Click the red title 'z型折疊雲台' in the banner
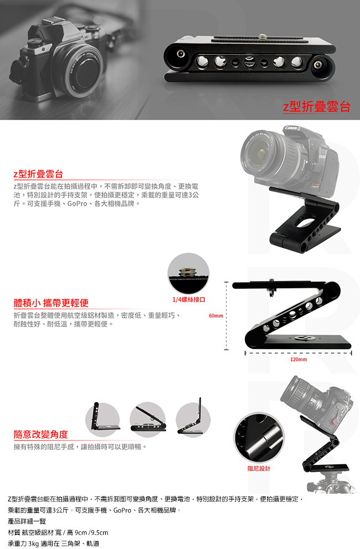pyautogui.click(x=317, y=106)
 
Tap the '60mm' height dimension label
pyautogui.click(x=216, y=316)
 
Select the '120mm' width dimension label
pyautogui.click(x=299, y=360)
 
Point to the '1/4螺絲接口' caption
pyautogui.click(x=189, y=300)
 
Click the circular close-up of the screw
pyautogui.click(x=188, y=273)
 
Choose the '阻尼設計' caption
pyautogui.click(x=259, y=468)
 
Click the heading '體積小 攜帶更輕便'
pyautogui.click(x=51, y=303)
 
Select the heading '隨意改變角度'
pyautogui.click(x=40, y=434)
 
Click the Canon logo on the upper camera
pyautogui.click(x=292, y=128)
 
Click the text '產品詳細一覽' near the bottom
pyautogui.click(x=27, y=521)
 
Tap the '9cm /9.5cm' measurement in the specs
pyautogui.click(x=91, y=532)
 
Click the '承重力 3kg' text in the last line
pyautogui.click(x=23, y=544)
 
